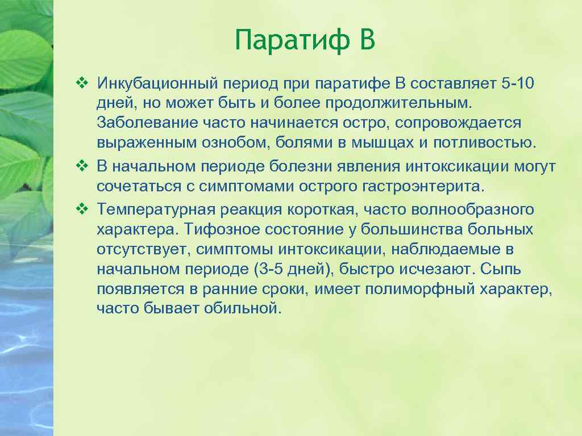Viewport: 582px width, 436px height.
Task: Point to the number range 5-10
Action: tap(518, 84)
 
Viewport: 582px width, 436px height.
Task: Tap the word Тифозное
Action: tap(213, 229)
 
